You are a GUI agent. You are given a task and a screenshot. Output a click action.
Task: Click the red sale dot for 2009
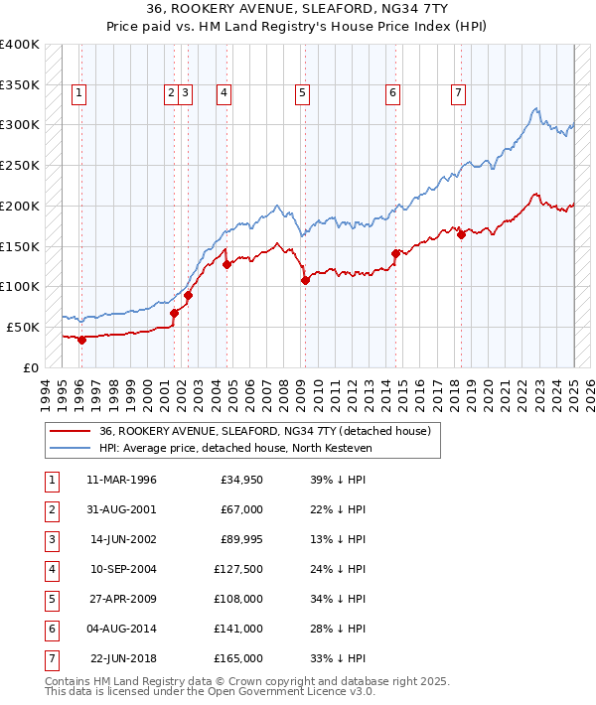point(305,280)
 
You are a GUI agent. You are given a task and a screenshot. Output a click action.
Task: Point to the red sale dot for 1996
point(82,340)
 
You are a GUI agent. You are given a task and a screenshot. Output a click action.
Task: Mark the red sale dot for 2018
point(461,234)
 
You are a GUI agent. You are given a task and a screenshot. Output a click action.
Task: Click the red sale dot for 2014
point(395,253)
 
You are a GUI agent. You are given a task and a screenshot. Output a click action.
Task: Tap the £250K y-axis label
point(20,165)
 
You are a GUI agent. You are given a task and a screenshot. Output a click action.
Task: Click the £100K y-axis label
point(20,286)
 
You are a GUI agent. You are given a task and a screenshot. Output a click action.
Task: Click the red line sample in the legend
point(71,432)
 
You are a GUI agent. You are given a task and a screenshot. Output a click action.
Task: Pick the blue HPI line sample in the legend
point(71,449)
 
